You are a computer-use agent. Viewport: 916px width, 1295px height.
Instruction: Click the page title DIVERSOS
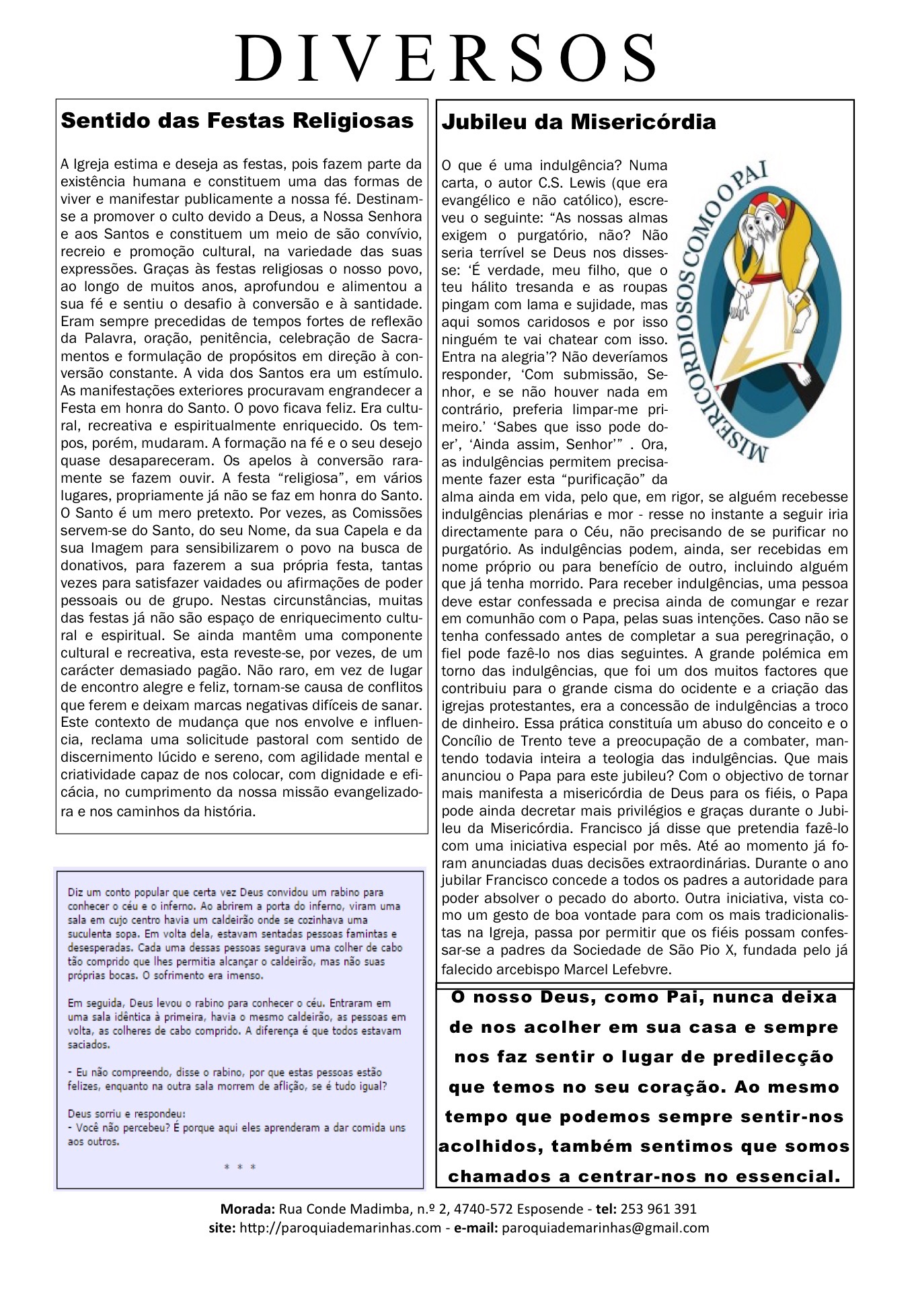448,58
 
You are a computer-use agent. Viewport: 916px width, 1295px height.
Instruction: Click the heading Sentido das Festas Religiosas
237,121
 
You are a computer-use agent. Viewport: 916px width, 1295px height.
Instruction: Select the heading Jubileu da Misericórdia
578,122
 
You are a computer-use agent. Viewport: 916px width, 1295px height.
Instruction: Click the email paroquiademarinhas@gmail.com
605,1228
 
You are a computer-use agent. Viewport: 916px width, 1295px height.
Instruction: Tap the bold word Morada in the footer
247,1208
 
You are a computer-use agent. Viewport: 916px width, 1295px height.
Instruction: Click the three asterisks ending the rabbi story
240,1167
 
